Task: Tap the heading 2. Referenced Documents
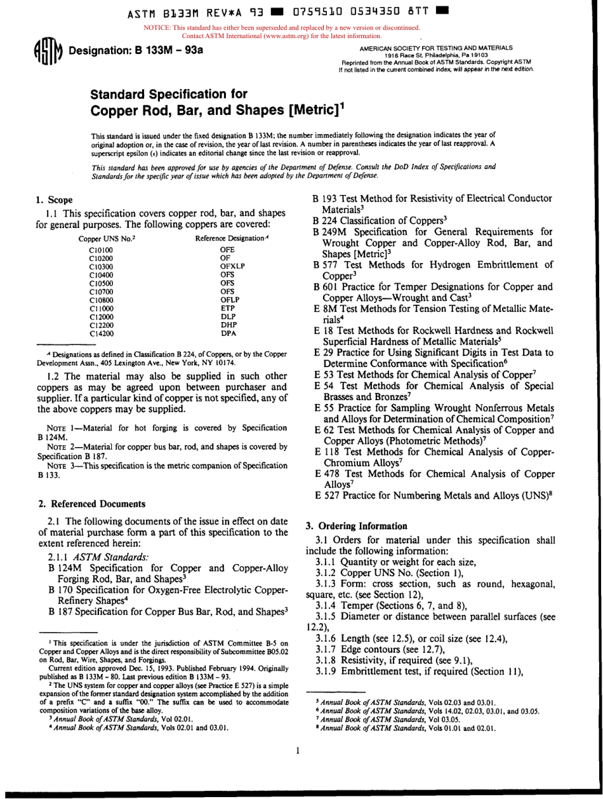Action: pos(91,504)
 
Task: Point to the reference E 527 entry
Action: pos(326,494)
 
